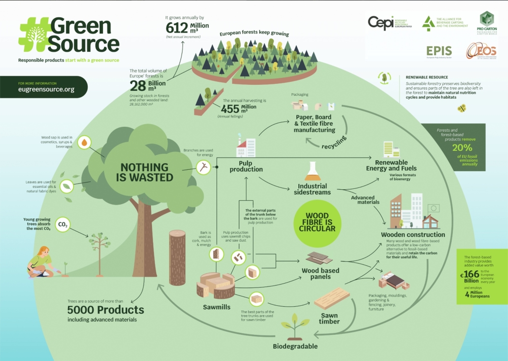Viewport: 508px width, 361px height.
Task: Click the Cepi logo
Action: point(381,23)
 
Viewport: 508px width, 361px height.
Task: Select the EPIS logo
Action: point(439,51)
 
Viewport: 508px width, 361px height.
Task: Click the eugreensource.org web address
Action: point(46,90)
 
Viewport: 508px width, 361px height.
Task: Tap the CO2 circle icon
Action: point(63,225)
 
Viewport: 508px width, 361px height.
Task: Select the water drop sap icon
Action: point(85,143)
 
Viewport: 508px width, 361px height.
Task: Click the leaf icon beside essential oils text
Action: point(68,186)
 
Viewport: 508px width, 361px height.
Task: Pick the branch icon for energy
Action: point(204,168)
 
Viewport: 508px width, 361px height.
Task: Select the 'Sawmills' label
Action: point(217,307)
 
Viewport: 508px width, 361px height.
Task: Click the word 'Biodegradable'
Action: point(295,346)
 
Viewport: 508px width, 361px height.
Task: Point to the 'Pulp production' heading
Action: point(246,166)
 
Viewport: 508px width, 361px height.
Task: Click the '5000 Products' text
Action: point(106,310)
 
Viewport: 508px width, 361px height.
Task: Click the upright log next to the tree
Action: point(178,257)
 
